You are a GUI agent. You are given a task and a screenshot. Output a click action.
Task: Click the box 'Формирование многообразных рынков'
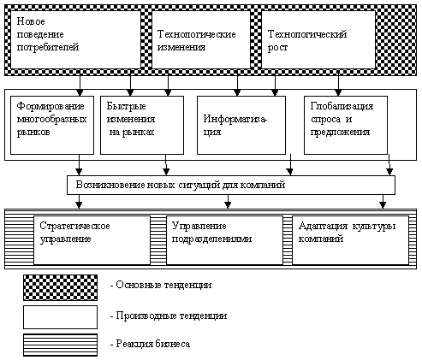pyautogui.click(x=53, y=123)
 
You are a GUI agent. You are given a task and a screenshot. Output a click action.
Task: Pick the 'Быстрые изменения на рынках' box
pyautogui.click(x=141, y=123)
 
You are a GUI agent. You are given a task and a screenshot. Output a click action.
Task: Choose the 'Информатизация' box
pyautogui.click(x=239, y=123)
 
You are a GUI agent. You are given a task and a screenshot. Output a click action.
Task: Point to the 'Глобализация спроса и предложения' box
pyautogui.click(x=346, y=123)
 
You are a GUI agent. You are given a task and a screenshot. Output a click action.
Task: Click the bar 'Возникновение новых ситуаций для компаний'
pyautogui.click(x=230, y=185)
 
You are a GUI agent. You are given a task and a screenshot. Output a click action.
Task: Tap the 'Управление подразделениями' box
pyautogui.click(x=224, y=239)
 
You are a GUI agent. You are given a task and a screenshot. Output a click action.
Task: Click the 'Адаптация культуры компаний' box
pyautogui.click(x=349, y=239)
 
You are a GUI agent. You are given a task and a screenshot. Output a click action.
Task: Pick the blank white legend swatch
pyautogui.click(x=59, y=316)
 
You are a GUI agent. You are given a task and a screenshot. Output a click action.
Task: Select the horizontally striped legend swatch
pyautogui.click(x=59, y=345)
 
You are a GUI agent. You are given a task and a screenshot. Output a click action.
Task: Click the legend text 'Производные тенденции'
pyautogui.click(x=168, y=316)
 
